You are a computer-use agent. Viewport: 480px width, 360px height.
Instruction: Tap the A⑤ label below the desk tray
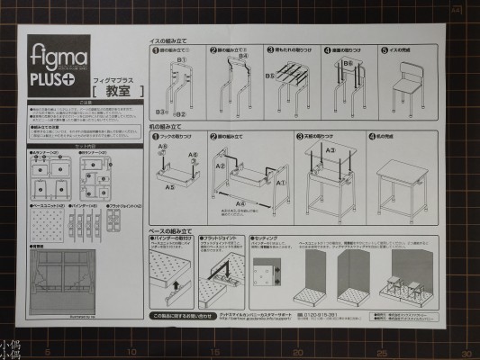tap(170, 187)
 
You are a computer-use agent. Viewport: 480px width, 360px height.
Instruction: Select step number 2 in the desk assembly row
tap(213, 137)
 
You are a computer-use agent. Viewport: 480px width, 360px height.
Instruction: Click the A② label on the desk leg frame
tap(220, 166)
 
